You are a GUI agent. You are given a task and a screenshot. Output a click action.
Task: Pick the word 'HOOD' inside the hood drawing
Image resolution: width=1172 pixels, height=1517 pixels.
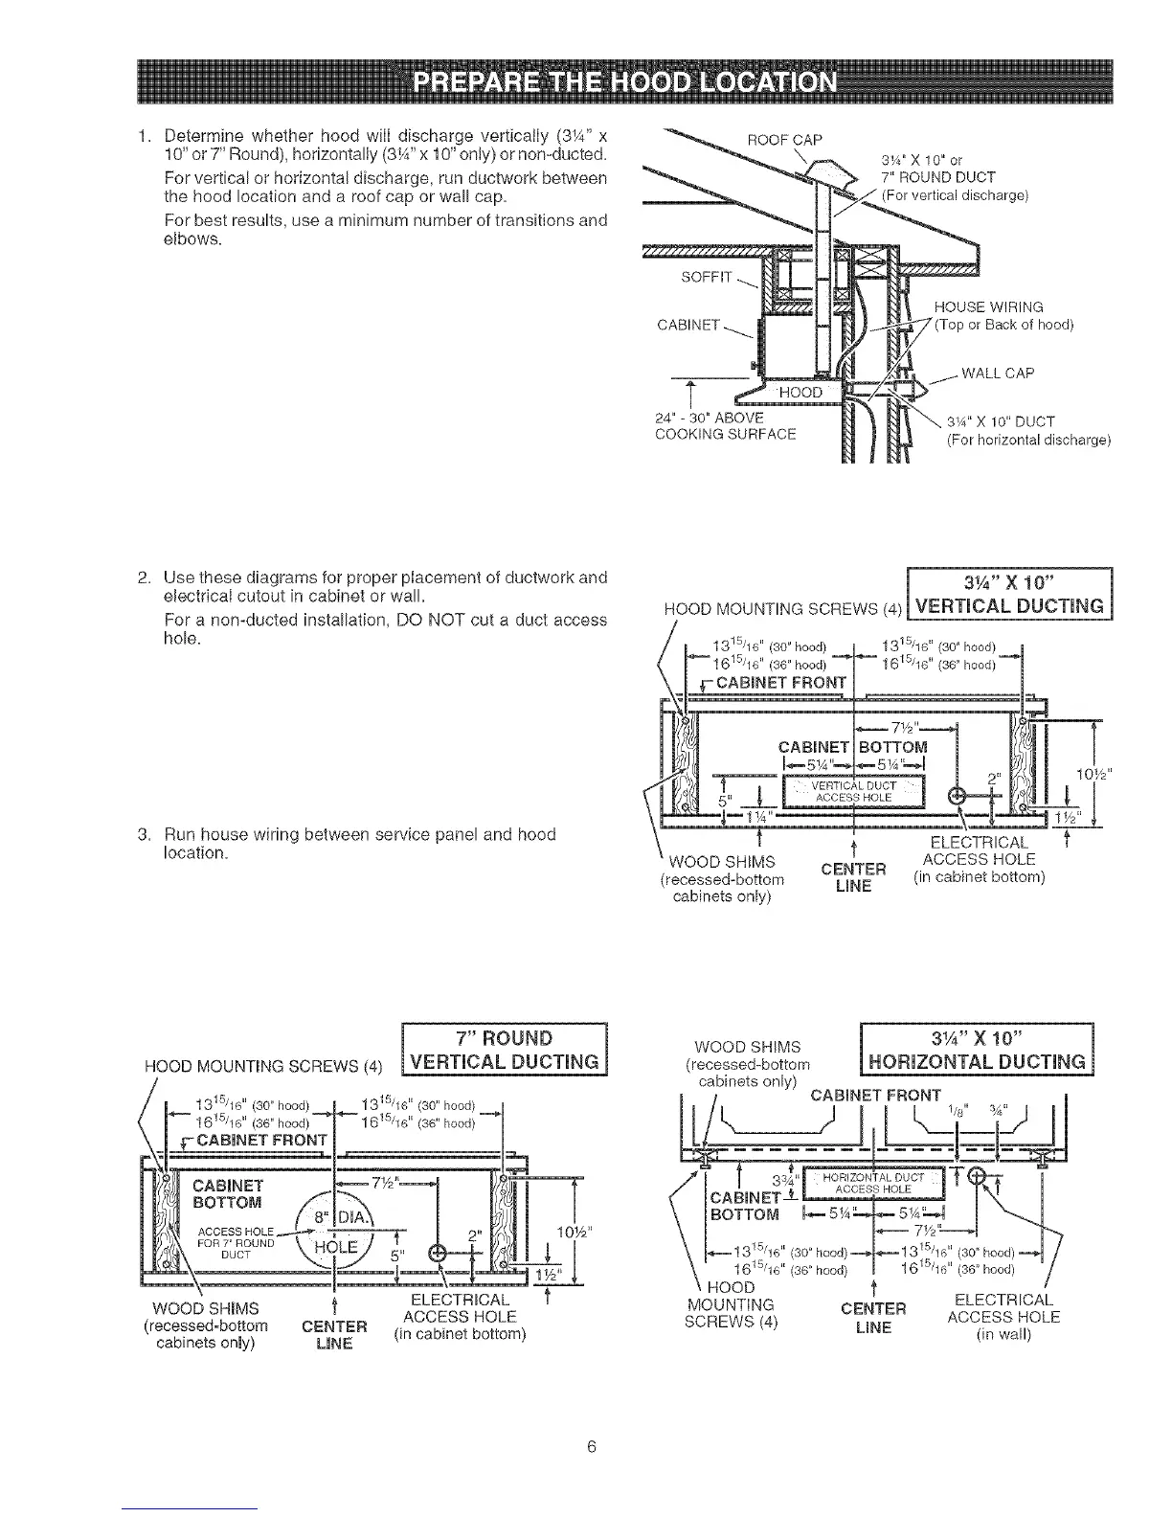point(800,393)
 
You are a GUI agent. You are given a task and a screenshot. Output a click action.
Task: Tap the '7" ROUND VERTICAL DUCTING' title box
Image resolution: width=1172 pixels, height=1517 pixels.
point(505,1051)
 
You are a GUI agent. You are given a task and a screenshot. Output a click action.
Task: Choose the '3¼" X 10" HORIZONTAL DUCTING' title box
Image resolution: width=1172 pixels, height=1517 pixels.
point(977,1051)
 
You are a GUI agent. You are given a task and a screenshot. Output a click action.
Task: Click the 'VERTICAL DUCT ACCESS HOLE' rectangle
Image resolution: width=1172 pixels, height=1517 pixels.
point(853,791)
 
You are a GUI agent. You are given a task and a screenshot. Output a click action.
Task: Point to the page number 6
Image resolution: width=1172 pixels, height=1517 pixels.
point(592,1446)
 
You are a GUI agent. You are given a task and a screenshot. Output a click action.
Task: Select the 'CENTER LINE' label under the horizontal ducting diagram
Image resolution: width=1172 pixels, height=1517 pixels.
point(872,1318)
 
